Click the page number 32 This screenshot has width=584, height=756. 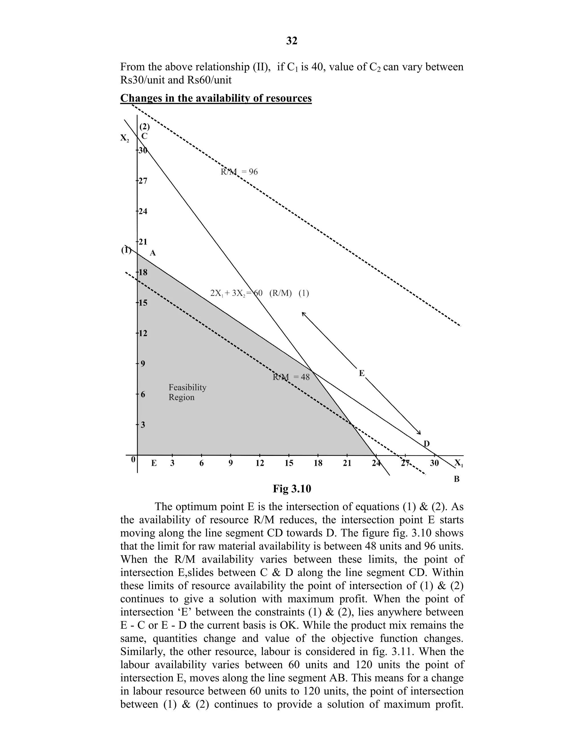[292, 41]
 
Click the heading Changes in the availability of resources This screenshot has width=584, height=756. [216, 98]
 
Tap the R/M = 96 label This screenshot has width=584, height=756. [239, 172]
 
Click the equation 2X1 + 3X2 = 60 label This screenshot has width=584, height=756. [259, 293]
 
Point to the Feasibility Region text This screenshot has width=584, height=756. [187, 392]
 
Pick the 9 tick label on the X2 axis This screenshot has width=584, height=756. [143, 364]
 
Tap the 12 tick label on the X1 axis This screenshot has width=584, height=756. [260, 463]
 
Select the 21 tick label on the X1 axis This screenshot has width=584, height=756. [347, 463]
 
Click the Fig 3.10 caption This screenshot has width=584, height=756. [292, 489]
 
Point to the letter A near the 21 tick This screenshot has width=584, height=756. [153, 253]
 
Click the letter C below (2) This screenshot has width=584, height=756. [144, 136]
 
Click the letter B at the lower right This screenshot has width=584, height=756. [456, 479]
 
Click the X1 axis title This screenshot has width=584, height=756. [459, 463]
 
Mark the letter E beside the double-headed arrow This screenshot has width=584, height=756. [362, 373]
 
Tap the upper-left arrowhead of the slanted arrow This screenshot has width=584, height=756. [303, 313]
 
